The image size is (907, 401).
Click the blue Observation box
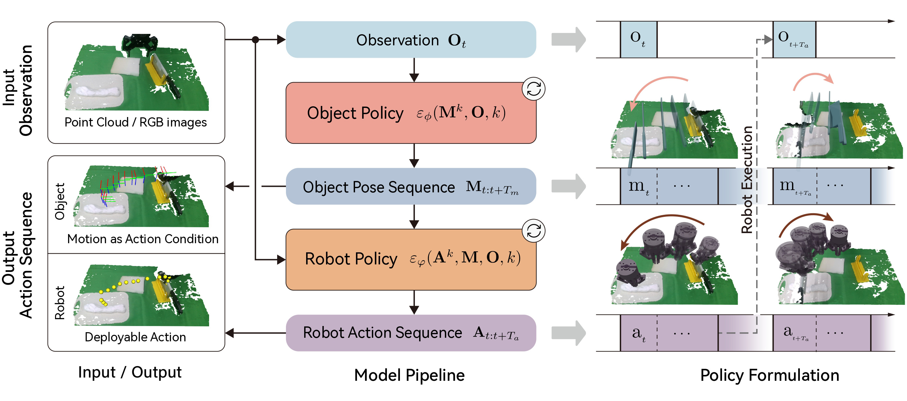point(411,39)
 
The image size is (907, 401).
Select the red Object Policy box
point(411,113)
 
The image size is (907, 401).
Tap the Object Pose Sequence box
point(411,186)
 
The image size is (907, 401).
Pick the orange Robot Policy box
point(411,260)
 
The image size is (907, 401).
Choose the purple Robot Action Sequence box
point(411,333)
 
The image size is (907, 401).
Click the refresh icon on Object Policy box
point(533,89)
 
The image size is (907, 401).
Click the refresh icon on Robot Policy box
point(533,231)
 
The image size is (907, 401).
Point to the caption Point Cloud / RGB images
point(135,122)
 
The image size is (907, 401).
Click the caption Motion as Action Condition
point(143,239)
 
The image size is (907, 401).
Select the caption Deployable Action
point(135,337)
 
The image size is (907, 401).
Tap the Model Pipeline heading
point(409,375)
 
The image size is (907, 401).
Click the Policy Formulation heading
point(769,375)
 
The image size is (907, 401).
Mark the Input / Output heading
point(130,372)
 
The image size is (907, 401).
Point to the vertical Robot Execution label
point(746,180)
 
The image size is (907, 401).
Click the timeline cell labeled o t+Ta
point(794,39)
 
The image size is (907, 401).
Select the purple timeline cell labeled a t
point(638,333)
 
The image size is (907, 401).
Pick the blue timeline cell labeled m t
point(638,186)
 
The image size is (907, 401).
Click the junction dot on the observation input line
point(256,39)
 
